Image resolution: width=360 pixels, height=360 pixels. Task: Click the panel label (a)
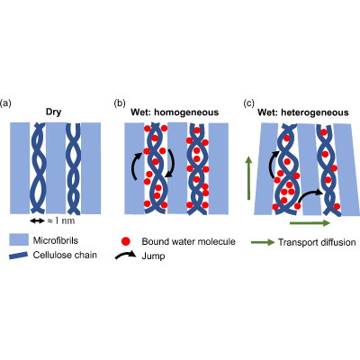pyautogui.click(x=5, y=103)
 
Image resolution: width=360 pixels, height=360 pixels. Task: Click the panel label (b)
pyautogui.click(x=120, y=103)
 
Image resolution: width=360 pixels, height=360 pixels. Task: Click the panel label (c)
pyautogui.click(x=249, y=103)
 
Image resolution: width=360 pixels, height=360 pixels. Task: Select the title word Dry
pyautogui.click(x=53, y=112)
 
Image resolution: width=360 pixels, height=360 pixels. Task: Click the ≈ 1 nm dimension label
pyautogui.click(x=61, y=220)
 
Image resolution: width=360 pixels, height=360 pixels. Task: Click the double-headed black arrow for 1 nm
pyautogui.click(x=37, y=220)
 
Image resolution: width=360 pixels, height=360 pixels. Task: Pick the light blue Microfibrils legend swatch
pyautogui.click(x=19, y=239)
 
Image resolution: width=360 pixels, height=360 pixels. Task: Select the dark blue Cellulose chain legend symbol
pyautogui.click(x=19, y=255)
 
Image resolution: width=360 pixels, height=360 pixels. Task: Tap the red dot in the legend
pyautogui.click(x=125, y=241)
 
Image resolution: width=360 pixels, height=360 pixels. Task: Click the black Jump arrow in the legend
pyautogui.click(x=126, y=256)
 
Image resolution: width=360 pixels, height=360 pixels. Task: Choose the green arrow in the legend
pyautogui.click(x=263, y=242)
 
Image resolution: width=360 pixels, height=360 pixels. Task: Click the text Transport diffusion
pyautogui.click(x=317, y=242)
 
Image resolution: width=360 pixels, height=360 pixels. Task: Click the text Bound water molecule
pyautogui.click(x=188, y=241)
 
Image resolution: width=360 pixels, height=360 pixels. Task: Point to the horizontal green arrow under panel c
pyautogui.click(x=310, y=223)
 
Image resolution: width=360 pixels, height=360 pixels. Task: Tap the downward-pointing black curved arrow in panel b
pyautogui.click(x=171, y=164)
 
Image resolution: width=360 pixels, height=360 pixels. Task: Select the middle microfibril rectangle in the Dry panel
pyautogui.click(x=56, y=168)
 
